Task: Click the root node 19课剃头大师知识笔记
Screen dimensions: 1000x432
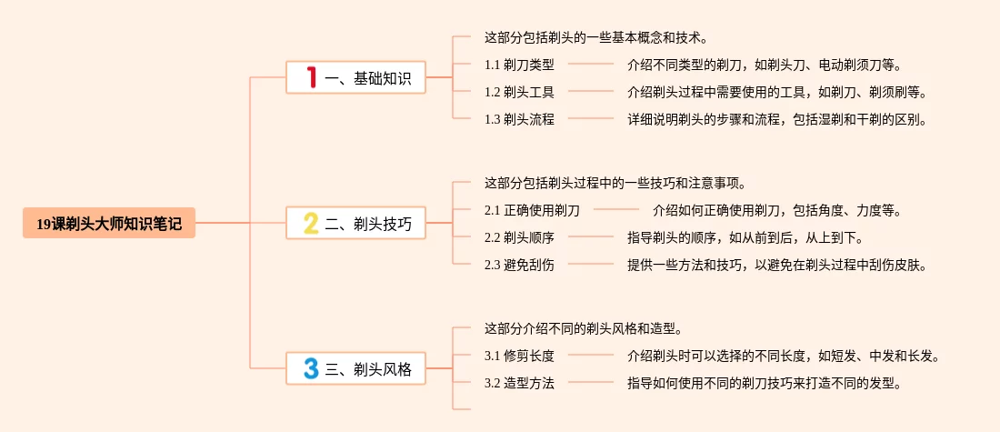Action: (109, 223)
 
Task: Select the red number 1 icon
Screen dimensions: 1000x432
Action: (311, 77)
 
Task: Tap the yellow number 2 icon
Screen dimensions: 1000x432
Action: (311, 223)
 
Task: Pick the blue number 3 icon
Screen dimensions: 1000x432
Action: (311, 368)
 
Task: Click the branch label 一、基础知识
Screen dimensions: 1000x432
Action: (368, 78)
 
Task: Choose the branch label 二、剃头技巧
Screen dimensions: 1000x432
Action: (368, 224)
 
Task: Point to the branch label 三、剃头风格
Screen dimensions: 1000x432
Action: (368, 369)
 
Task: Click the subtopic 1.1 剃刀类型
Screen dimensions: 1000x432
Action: (519, 65)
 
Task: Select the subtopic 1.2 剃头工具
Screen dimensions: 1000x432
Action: (519, 92)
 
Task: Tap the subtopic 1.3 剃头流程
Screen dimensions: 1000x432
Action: (519, 119)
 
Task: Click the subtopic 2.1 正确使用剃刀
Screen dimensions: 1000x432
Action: (532, 210)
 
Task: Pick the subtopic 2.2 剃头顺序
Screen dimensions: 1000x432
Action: (519, 237)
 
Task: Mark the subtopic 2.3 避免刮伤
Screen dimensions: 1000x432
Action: (519, 265)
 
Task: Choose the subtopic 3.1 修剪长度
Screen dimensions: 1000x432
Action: (519, 356)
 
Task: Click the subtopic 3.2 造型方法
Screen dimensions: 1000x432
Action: (519, 383)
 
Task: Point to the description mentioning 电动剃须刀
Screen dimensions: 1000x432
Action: (764, 65)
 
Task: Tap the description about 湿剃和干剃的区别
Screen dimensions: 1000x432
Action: (776, 119)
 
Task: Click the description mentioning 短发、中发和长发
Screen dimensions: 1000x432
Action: (783, 356)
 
